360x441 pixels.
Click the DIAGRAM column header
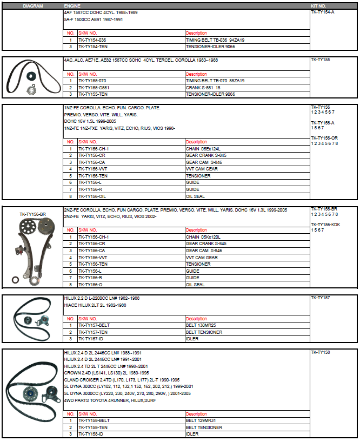click(33, 5)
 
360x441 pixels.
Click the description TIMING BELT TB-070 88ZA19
click(215, 81)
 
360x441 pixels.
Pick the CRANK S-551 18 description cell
click(203, 87)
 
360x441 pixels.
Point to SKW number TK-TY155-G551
click(94, 87)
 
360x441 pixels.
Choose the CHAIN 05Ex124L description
click(203, 149)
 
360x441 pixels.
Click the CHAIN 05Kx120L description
click(203, 237)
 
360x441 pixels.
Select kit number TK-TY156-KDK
click(325, 224)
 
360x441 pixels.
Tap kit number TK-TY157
click(320, 298)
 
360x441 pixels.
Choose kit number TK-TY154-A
click(323, 11)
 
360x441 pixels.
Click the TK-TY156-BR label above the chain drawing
click(33, 214)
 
